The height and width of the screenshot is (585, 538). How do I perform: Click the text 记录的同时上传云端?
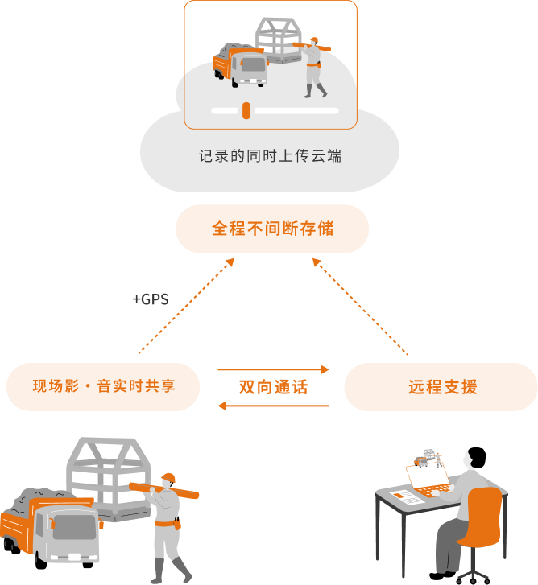point(270,155)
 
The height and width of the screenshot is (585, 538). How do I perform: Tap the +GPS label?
point(151,299)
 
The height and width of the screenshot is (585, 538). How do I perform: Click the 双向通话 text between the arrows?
point(273,387)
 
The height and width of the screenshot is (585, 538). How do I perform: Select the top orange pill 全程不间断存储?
point(272,229)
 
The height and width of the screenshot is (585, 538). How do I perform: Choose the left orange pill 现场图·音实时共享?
point(103,387)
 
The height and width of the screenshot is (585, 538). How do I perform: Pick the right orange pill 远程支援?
point(441,387)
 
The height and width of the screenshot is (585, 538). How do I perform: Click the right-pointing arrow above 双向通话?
point(274,369)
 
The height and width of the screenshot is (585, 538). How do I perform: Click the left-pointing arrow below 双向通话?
point(274,406)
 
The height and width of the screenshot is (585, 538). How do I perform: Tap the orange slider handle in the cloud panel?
point(246,110)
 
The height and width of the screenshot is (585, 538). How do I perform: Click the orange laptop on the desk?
point(428,479)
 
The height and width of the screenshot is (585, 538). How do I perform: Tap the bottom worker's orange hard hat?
point(168,477)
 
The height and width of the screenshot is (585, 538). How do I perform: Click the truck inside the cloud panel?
point(240,64)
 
